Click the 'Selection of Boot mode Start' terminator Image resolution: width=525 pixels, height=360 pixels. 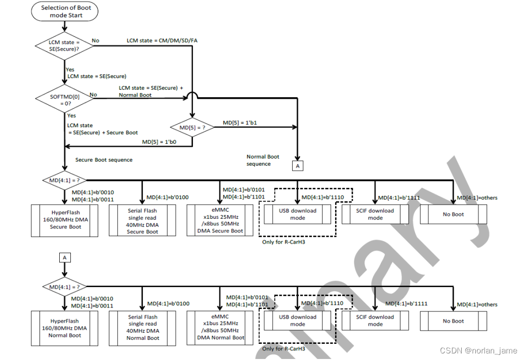(64, 12)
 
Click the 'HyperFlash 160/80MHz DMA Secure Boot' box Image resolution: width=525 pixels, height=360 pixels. (65, 220)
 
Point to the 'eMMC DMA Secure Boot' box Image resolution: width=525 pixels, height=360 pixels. (220, 220)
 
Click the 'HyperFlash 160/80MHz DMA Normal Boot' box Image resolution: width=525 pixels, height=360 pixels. (65, 328)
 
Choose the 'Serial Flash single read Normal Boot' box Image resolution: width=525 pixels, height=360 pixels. (143, 328)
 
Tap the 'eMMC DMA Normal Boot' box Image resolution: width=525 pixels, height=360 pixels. (220, 327)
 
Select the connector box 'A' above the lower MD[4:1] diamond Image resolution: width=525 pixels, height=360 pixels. (64, 258)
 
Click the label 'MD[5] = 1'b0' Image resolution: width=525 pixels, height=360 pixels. (159, 142)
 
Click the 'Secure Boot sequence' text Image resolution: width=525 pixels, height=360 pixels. (104, 160)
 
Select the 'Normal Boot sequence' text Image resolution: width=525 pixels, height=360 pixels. (263, 160)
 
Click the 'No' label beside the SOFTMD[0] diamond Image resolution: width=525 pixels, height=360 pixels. (93, 94)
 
